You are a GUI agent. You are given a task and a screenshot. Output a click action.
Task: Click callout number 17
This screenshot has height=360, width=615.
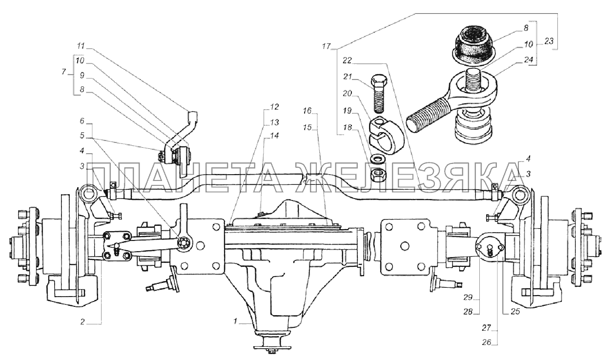[x=327, y=46]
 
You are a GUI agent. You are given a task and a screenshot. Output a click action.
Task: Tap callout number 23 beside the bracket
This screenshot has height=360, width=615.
[x=549, y=41]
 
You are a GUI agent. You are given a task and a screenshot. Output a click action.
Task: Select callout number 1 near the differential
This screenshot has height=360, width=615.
[x=235, y=321]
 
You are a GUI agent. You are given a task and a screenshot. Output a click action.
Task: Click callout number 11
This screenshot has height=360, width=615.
[x=81, y=45]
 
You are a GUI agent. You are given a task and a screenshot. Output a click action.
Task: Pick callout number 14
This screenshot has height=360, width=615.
[x=274, y=136]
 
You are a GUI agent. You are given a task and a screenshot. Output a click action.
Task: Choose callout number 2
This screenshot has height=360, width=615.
[x=83, y=322]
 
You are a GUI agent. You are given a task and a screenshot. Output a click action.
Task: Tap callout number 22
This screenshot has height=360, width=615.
[x=348, y=60]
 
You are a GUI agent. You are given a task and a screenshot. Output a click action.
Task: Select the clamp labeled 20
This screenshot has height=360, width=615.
[x=386, y=135]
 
